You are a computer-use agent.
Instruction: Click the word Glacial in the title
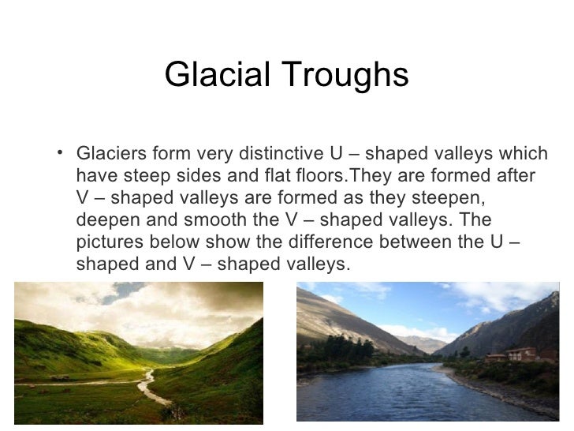pos(213,76)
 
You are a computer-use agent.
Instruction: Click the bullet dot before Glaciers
pos(61,151)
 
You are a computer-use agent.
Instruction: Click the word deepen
pos(106,218)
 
